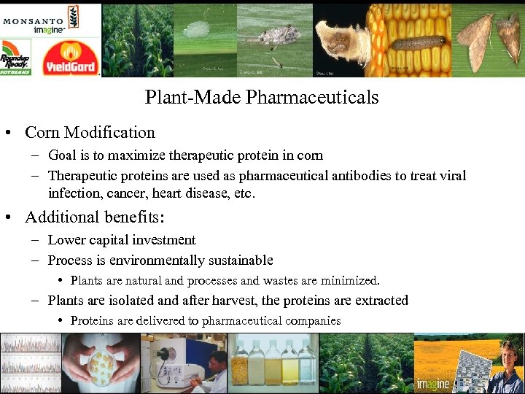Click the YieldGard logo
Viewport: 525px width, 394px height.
pyautogui.click(x=70, y=58)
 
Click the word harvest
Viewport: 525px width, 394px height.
pyautogui.click(x=231, y=301)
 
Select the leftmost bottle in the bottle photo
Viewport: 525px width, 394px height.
pyautogui.click(x=240, y=365)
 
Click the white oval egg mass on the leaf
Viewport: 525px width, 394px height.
pyautogui.click(x=195, y=30)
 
